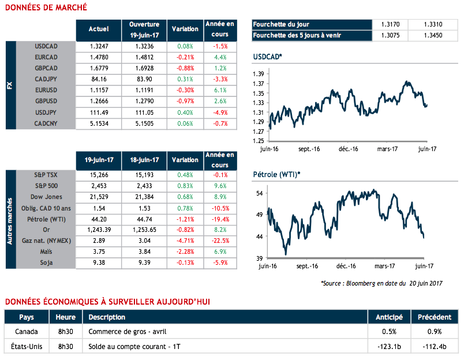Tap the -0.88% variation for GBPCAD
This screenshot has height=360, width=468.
tap(185, 67)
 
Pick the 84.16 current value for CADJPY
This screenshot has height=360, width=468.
tap(99, 78)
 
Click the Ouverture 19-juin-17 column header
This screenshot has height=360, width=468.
tap(144, 30)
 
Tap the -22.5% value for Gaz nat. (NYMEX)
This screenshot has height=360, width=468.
tap(220, 241)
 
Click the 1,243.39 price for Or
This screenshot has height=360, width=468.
tap(99, 230)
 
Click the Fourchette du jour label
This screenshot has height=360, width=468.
tap(281, 24)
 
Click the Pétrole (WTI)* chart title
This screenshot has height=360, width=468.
tap(276, 174)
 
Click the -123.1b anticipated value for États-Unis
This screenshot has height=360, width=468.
tap(389, 346)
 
